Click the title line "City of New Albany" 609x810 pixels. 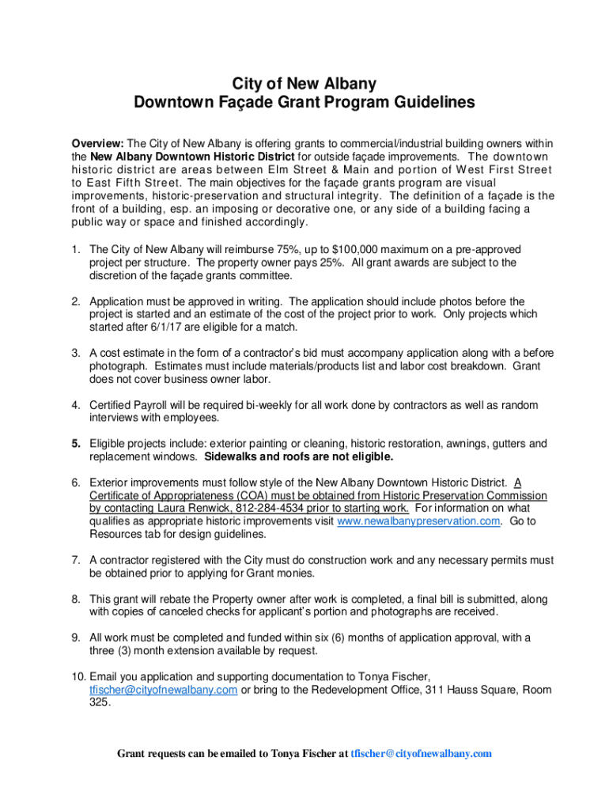[x=304, y=84]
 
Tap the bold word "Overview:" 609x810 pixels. [x=97, y=144]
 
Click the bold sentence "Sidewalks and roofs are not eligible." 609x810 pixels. [x=298, y=457]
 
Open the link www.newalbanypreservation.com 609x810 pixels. [x=418, y=521]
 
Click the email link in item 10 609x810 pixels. [x=163, y=690]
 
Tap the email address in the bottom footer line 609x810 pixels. [x=421, y=754]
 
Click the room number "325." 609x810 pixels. [x=100, y=702]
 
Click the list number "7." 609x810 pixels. [x=76, y=560]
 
